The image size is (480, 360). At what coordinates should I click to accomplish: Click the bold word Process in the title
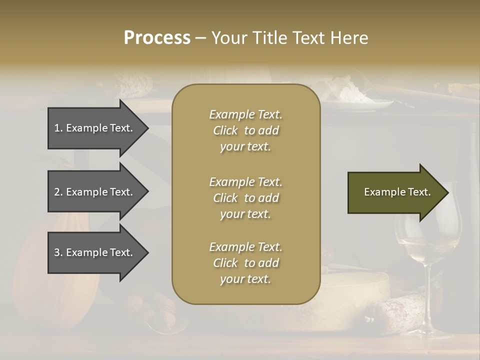tap(157, 38)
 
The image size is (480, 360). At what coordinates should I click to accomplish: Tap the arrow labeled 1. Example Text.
tap(95, 128)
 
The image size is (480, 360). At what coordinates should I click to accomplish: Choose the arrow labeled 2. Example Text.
tap(95, 192)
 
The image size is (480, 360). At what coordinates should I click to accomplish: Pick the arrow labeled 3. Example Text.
tap(95, 252)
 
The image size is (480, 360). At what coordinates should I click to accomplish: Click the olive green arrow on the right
tap(395, 192)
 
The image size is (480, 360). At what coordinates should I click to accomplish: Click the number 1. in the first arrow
tap(58, 128)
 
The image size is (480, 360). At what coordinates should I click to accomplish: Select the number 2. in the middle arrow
tap(58, 192)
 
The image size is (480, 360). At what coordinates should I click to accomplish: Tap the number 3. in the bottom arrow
tap(58, 252)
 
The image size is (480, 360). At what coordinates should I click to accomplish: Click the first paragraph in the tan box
tap(245, 130)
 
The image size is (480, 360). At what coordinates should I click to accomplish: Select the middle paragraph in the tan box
tap(245, 198)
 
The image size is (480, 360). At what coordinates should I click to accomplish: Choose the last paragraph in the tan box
tap(245, 263)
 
